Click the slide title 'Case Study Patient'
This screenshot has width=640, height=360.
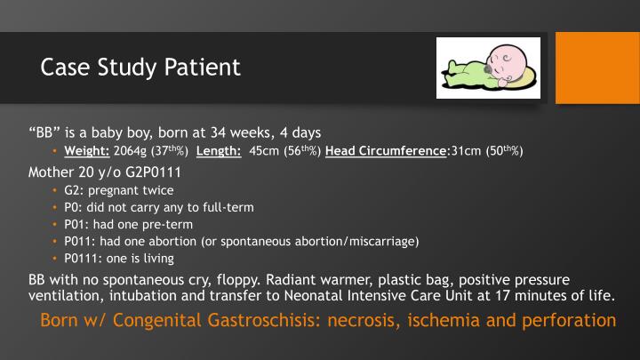(x=140, y=68)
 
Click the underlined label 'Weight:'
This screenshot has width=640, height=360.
(x=87, y=150)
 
